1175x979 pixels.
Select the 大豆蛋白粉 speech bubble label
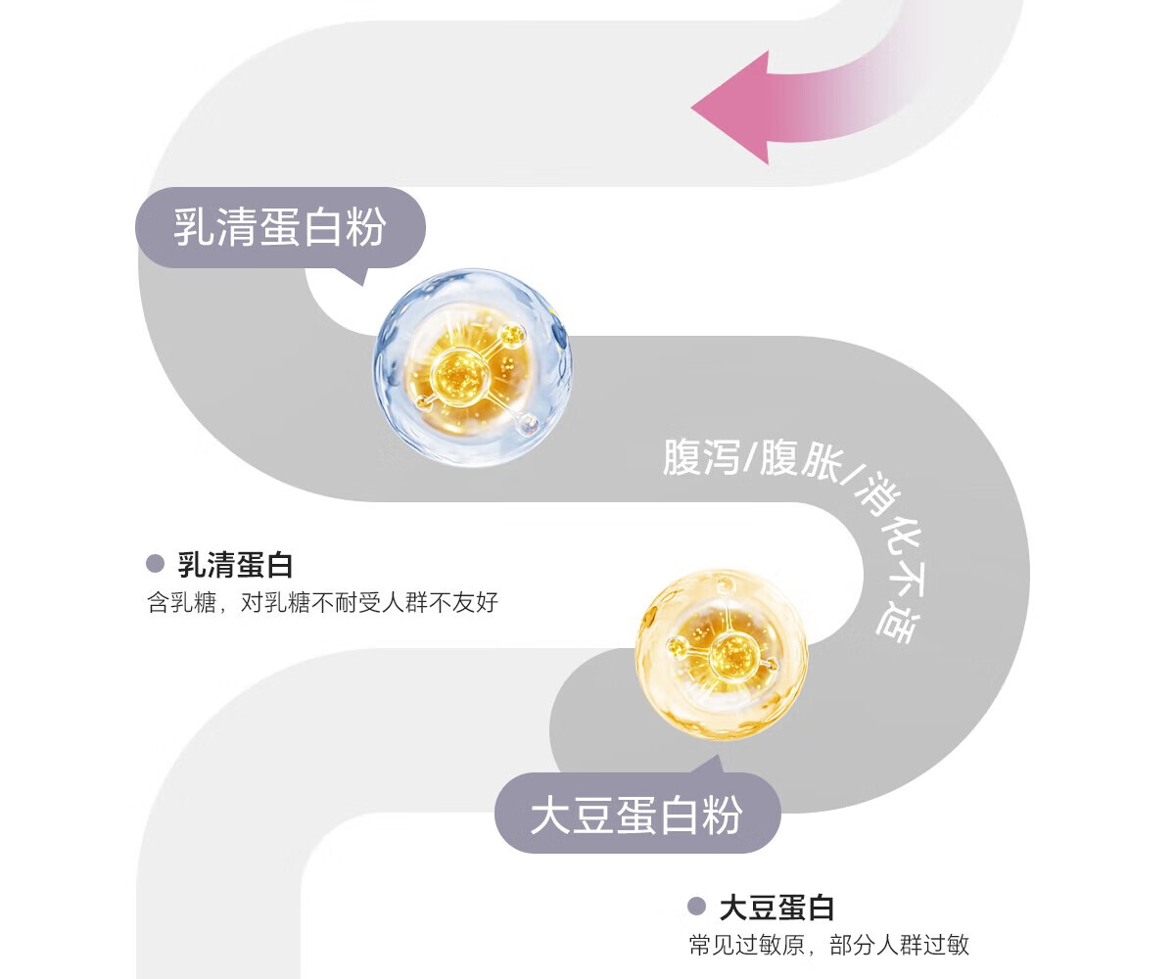click(636, 814)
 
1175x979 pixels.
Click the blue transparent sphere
click(472, 367)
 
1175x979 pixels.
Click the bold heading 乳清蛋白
click(235, 564)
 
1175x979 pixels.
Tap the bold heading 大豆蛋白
click(776, 908)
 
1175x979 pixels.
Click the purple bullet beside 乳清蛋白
click(155, 564)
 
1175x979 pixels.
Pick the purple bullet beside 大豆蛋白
click(696, 907)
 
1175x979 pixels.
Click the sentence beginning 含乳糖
click(322, 601)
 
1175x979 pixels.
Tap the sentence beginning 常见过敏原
click(828, 945)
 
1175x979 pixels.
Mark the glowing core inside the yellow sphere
click(728, 654)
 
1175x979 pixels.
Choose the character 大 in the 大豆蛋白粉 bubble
click(550, 815)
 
